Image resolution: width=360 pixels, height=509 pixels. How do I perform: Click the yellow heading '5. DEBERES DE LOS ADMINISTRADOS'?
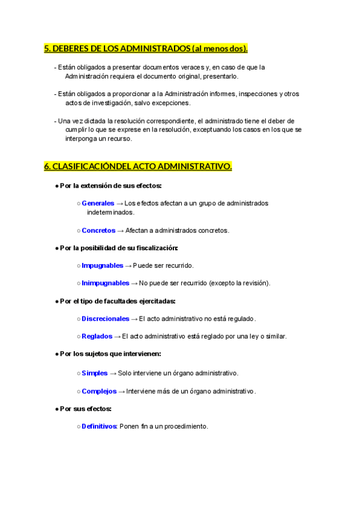point(146,49)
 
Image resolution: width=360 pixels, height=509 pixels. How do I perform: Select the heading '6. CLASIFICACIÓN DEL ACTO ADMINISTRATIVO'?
point(138,166)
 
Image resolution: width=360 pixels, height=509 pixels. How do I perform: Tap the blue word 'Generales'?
point(98,203)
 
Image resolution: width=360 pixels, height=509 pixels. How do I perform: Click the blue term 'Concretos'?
point(98,230)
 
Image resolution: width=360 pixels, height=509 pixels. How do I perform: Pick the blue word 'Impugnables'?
point(102,265)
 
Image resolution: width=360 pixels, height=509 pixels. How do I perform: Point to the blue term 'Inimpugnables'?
point(105,283)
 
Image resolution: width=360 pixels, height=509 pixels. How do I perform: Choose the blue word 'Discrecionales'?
point(105,319)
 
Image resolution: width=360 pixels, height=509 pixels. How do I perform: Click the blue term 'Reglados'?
point(97,336)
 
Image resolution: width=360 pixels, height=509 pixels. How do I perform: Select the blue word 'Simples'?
point(95,373)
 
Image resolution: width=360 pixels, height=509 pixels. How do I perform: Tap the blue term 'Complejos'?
point(99,391)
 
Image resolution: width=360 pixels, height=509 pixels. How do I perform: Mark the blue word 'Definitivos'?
point(99,426)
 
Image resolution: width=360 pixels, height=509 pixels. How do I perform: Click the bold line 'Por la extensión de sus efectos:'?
point(111,185)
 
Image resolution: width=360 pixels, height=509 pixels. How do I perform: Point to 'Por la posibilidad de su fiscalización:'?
point(119,248)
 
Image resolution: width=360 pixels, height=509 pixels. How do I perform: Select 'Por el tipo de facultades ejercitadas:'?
point(118,301)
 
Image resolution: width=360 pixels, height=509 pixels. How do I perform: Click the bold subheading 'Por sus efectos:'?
point(86,409)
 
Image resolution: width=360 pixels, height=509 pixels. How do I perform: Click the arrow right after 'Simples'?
point(113,373)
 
